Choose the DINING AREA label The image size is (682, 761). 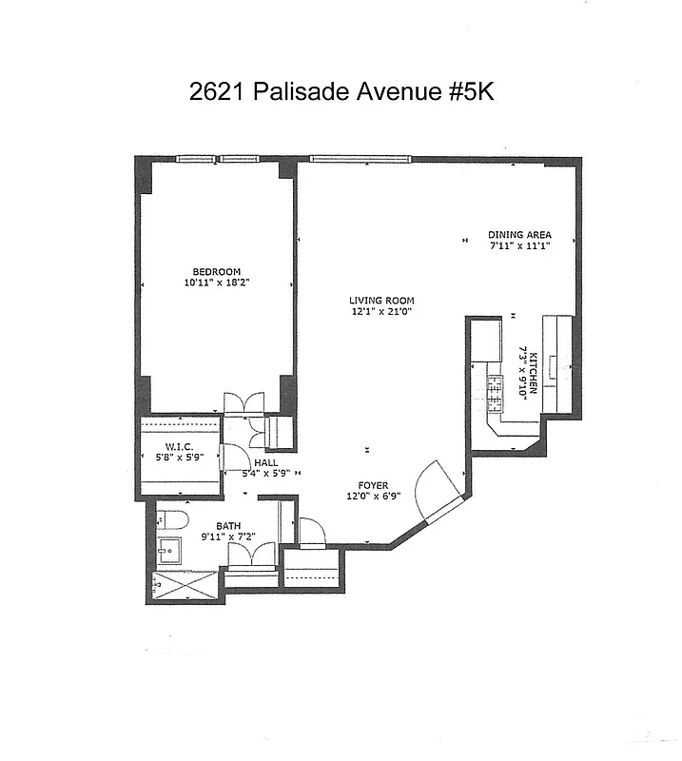[519, 235]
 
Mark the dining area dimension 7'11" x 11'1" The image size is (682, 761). [519, 246]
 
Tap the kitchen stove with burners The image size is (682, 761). [495, 389]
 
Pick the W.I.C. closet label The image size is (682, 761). [179, 447]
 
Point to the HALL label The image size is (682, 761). [265, 462]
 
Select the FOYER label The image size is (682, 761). [373, 485]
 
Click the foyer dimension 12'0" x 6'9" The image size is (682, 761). [373, 497]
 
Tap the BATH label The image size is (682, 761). [228, 525]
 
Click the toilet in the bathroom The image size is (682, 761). [171, 519]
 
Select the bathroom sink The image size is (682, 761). [170, 550]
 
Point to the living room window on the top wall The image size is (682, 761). [360, 158]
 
